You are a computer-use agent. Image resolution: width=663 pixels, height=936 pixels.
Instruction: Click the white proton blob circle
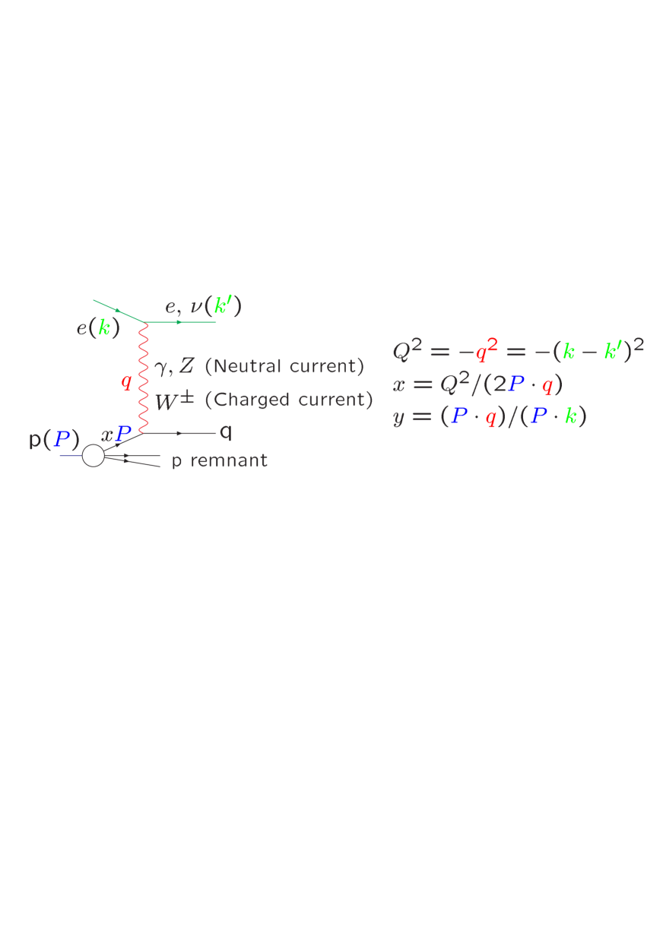pyautogui.click(x=93, y=456)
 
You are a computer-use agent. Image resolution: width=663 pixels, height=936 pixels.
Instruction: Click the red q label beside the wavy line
pyautogui.click(x=126, y=381)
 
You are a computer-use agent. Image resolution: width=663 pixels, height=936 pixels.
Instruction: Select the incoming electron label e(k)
pyautogui.click(x=98, y=329)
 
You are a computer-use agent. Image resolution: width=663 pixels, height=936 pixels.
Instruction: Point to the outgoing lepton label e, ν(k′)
pyautogui.click(x=204, y=307)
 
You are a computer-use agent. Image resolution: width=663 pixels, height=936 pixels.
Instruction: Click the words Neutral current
pyautogui.click(x=285, y=366)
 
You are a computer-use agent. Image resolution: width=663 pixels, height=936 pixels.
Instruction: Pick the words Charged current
pyautogui.click(x=289, y=400)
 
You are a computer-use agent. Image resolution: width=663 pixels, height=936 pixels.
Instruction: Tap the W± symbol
pyautogui.click(x=175, y=400)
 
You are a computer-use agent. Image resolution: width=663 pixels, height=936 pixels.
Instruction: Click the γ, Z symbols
pyautogui.click(x=175, y=367)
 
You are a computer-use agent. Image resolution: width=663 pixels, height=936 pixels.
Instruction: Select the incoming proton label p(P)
pyautogui.click(x=54, y=439)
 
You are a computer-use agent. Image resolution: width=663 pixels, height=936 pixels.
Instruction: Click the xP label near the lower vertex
pyautogui.click(x=117, y=435)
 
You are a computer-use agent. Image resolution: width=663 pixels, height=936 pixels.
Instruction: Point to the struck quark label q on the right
pyautogui.click(x=225, y=432)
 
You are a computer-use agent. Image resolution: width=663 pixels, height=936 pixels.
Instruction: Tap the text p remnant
pyautogui.click(x=220, y=461)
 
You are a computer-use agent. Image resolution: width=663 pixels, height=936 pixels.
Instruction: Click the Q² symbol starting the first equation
pyautogui.click(x=406, y=350)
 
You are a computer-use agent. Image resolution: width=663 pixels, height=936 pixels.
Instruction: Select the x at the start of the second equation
pyautogui.click(x=399, y=384)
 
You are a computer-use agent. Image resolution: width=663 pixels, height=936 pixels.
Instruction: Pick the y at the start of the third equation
pyautogui.click(x=399, y=418)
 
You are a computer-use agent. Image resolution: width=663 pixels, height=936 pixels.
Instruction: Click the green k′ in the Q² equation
pyautogui.click(x=613, y=351)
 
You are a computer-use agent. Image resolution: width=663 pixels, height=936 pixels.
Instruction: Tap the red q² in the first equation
pyautogui.click(x=486, y=351)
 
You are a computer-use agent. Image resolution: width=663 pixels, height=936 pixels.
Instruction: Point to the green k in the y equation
pyautogui.click(x=570, y=417)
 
